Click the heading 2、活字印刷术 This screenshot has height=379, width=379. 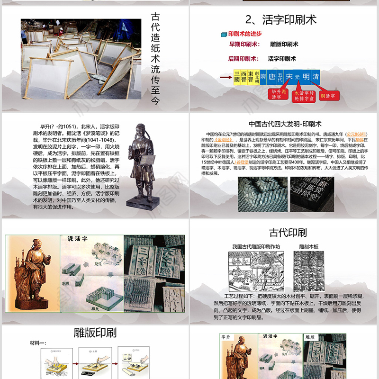281,19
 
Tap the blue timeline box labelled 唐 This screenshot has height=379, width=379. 271,76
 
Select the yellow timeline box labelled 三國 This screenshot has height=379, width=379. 237,76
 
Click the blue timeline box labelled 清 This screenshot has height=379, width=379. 316,76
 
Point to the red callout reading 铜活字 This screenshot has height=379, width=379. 327,96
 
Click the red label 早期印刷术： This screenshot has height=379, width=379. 244,44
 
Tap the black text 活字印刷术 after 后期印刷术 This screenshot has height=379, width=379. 282,59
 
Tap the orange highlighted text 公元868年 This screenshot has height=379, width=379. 357,135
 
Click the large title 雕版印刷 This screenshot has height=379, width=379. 95,332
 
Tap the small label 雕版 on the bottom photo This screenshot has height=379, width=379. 310,337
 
